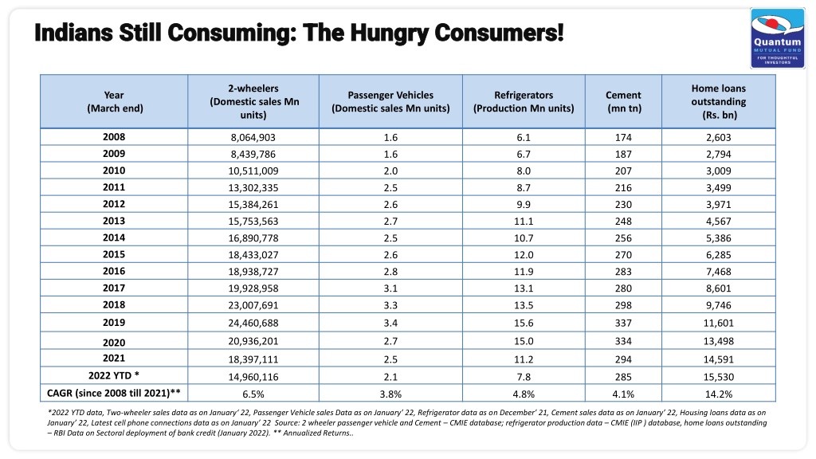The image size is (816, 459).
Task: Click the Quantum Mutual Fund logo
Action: click(x=778, y=38)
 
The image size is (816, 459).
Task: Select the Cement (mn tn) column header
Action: click(x=623, y=101)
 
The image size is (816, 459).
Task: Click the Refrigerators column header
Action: click(x=524, y=101)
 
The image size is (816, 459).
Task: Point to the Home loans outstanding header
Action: click(x=719, y=101)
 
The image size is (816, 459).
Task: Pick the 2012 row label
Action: click(x=114, y=204)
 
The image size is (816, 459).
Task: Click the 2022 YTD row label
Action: click(x=114, y=376)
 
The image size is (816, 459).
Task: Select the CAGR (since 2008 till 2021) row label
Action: click(x=114, y=393)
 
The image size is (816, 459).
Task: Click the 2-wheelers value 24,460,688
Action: click(x=253, y=324)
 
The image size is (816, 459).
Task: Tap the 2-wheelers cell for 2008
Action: click(x=253, y=137)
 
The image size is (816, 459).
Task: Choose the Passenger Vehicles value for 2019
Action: click(x=390, y=324)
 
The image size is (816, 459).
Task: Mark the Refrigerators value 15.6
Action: click(x=524, y=324)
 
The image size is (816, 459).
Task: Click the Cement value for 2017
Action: click(x=623, y=288)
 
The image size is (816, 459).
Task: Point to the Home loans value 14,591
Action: click(x=719, y=359)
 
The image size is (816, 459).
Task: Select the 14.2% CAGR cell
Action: click(x=719, y=394)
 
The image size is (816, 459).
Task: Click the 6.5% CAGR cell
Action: click(x=253, y=394)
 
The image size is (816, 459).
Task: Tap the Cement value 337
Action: click(x=623, y=324)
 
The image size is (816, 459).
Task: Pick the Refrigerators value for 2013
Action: click(x=524, y=222)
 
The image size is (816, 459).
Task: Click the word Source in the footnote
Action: click(x=287, y=422)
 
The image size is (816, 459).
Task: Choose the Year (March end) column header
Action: click(x=114, y=101)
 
